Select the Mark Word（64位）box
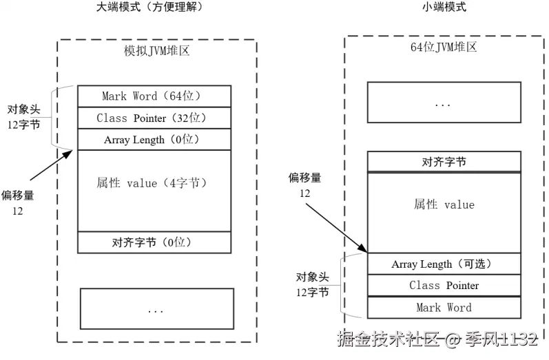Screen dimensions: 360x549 tap(154, 96)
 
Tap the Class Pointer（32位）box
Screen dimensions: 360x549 tap(154, 118)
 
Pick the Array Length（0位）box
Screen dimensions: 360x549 tap(154, 140)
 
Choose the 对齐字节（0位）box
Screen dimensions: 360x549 tap(154, 242)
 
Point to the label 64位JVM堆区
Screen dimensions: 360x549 tap(443, 47)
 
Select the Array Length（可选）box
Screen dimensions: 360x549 tap(444, 264)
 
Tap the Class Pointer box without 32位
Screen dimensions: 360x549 tap(444, 286)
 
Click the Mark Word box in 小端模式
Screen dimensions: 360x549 tap(444, 307)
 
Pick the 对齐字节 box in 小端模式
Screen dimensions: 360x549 tap(444, 162)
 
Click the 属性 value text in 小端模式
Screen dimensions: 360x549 tap(444, 205)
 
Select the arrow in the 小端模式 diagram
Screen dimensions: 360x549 tap(333, 226)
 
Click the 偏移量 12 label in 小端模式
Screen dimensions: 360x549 tap(304, 186)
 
